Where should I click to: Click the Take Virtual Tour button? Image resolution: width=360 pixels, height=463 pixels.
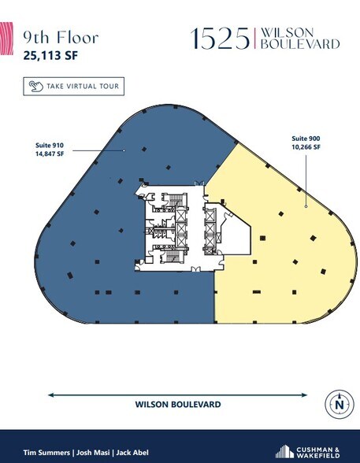point(73,87)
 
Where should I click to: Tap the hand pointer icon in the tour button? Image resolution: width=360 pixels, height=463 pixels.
point(36,87)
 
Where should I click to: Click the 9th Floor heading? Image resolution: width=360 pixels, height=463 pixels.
point(61,38)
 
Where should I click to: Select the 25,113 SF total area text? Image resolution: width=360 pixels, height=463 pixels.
point(50,55)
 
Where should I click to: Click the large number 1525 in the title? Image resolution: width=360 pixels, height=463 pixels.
point(220,39)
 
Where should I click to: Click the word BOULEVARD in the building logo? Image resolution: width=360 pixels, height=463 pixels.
point(300,44)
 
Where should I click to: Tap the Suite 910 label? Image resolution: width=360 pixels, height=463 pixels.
point(50,145)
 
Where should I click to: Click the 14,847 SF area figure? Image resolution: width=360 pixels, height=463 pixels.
point(50,154)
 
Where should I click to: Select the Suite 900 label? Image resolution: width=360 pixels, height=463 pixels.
point(306,139)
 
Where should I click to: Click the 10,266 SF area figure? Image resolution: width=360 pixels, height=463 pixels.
point(306,146)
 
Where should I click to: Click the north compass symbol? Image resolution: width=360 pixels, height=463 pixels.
point(340,404)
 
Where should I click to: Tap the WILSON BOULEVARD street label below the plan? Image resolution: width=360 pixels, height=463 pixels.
point(178,404)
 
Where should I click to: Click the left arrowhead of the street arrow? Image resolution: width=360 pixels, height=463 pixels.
point(50,395)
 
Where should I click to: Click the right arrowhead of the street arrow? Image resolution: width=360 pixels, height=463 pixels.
point(304,395)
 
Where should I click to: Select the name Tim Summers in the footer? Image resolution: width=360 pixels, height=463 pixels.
point(46,453)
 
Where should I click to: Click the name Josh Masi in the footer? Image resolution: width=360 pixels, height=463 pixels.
point(93,453)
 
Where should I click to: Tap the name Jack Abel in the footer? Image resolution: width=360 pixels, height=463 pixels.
point(132,453)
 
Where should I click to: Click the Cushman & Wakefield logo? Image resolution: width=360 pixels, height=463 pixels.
point(307,452)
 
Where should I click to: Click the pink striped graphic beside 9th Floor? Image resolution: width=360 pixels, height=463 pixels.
point(6,39)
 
